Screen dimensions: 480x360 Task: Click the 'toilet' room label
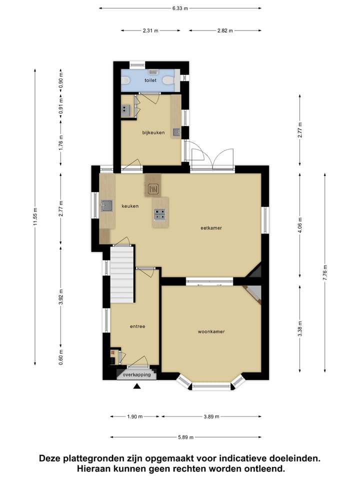(150, 80)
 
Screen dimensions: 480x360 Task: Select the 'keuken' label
(130, 206)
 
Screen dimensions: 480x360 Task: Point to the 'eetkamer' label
(211, 228)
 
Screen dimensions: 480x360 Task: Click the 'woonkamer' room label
(211, 331)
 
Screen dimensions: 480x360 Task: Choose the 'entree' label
(137, 326)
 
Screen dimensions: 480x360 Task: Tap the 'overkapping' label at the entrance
(136, 373)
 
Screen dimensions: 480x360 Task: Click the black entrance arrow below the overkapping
(137, 386)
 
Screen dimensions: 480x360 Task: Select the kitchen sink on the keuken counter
(107, 205)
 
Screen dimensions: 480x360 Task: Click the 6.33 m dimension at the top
(180, 8)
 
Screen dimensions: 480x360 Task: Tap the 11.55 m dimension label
(35, 217)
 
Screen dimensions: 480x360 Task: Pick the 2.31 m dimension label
(150, 30)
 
